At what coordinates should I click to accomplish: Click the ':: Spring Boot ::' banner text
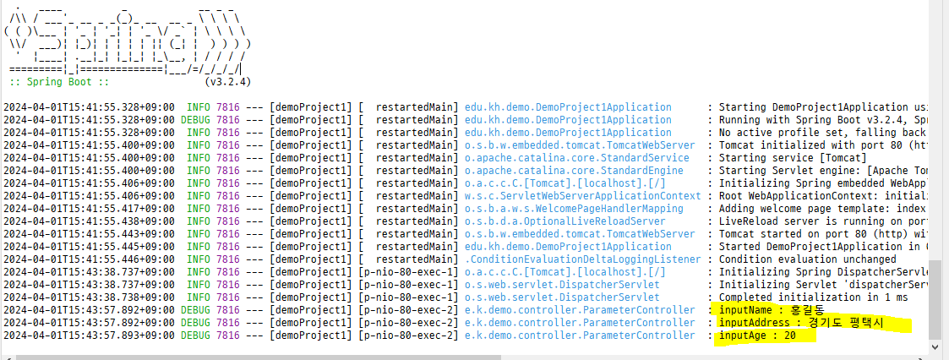click(59, 82)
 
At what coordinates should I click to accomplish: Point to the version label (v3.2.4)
click(227, 82)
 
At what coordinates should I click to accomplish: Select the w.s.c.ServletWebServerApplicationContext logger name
click(583, 196)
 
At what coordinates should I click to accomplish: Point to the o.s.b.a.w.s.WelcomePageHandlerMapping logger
click(574, 209)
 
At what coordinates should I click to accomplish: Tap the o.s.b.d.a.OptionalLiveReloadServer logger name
click(565, 221)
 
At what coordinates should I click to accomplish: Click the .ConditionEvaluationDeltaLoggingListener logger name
click(583, 259)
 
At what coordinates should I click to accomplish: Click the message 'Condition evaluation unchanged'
click(807, 259)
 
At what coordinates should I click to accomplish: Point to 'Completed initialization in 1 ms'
click(813, 297)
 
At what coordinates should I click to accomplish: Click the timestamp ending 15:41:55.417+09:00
click(89, 209)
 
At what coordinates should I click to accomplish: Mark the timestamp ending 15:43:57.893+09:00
click(89, 335)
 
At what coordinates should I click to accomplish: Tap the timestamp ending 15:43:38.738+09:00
click(89, 297)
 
